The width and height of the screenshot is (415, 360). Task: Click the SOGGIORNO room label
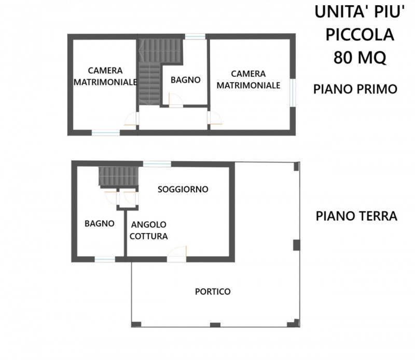tap(183, 189)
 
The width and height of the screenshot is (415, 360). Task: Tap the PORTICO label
tap(213, 291)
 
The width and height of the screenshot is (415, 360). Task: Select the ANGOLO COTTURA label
tap(148, 230)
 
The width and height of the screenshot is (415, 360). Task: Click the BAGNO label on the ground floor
tap(100, 223)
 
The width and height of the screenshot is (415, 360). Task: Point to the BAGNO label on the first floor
tap(186, 80)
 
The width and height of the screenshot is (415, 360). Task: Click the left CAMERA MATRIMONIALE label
tap(105, 76)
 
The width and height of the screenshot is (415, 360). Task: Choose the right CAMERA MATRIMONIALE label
tap(248, 79)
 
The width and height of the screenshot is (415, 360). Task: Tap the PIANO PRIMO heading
tap(355, 89)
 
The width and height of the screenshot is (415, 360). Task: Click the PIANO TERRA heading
tap(356, 216)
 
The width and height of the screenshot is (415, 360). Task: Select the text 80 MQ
tap(359, 58)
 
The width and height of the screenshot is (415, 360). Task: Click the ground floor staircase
tap(119, 176)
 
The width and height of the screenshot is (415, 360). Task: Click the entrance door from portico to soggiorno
tap(177, 254)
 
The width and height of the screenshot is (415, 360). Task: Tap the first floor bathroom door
tap(176, 100)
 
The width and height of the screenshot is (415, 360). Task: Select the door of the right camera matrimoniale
tap(215, 118)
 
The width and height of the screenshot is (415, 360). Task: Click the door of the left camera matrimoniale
tap(132, 118)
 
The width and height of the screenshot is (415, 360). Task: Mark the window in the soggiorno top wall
tap(157, 164)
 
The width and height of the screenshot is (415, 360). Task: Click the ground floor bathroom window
tap(105, 259)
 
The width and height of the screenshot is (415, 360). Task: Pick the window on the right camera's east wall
tap(293, 93)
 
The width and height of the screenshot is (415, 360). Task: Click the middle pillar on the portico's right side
tap(296, 245)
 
